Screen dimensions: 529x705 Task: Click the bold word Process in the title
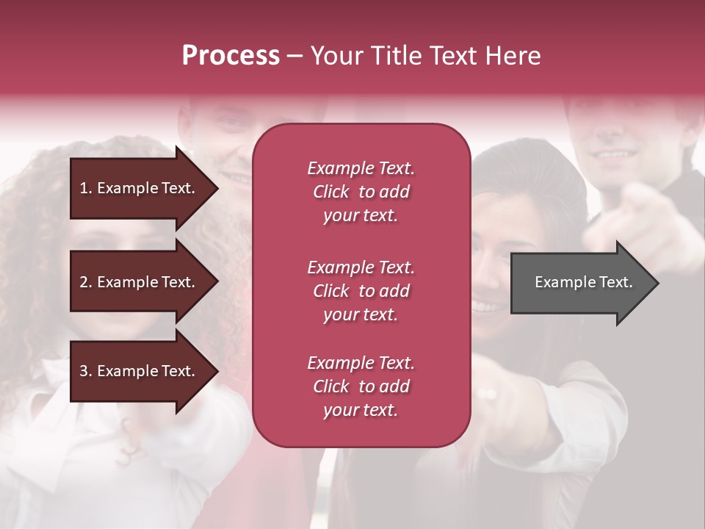click(231, 56)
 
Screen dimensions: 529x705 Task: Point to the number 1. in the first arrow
click(86, 188)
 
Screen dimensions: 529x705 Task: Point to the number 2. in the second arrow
click(86, 282)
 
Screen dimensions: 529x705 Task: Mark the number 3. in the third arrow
click(86, 371)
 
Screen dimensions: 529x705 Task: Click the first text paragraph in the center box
click(361, 192)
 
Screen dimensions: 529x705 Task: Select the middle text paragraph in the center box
click(361, 291)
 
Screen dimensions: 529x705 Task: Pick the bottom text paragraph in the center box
click(361, 386)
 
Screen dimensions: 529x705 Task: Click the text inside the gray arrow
click(584, 282)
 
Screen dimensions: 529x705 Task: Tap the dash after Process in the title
click(294, 57)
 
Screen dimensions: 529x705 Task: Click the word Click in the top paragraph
click(331, 192)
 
